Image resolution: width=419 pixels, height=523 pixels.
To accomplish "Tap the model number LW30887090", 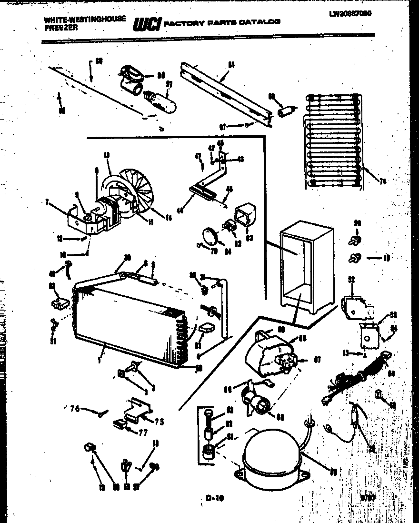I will pos(350,14).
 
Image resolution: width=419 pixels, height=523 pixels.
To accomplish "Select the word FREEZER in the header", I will pos(57,28).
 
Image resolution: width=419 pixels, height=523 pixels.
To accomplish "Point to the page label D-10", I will pos(215,498).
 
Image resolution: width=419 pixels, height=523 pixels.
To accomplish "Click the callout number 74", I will pos(382,181).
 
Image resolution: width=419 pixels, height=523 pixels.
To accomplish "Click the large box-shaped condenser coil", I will pos(129,319).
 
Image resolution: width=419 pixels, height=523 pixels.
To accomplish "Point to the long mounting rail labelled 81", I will pos(224,91).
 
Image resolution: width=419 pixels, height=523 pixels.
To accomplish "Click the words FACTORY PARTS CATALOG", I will pos(221,22).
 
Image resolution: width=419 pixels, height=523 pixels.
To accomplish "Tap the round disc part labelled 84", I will pos(209,236).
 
